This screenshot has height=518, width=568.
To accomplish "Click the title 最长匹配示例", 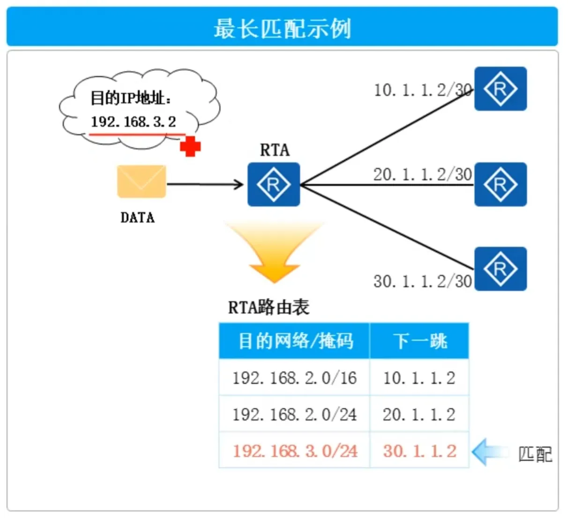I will (282, 28).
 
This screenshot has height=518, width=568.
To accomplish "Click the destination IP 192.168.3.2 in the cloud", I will (134, 122).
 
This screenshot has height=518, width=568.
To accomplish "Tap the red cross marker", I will (190, 147).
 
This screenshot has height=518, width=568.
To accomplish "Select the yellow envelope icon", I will (142, 181).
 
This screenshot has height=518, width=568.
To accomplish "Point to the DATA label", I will (137, 218).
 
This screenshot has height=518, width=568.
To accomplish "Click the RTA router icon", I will (274, 184).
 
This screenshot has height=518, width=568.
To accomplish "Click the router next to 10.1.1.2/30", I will (500, 89).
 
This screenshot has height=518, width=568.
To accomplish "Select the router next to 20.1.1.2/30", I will (500, 184).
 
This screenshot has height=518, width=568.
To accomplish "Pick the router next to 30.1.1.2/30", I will (500, 269).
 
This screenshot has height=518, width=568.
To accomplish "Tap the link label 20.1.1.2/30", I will (422, 174).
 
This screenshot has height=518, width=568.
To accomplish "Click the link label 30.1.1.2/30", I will (422, 281).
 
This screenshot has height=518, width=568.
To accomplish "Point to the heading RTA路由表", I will (269, 308).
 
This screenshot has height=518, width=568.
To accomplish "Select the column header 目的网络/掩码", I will (295, 341).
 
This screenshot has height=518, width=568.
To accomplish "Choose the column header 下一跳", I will (419, 341).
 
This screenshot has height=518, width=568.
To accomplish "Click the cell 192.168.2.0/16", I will (294, 378).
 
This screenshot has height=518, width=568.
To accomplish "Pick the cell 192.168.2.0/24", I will (294, 414).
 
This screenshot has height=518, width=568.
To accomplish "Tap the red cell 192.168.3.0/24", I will (295, 451).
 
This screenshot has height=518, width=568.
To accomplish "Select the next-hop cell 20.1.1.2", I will (419, 414).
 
